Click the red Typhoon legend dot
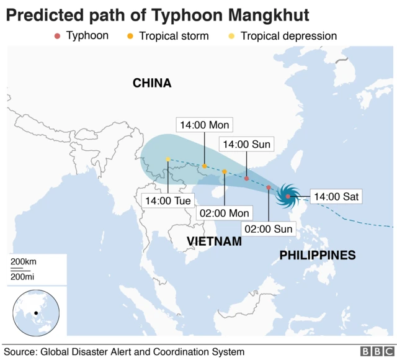[57, 36]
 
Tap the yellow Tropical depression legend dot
[231, 36]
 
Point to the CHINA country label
[152, 83]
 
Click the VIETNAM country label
[214, 241]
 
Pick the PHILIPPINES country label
[318, 254]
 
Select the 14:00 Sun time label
[246, 145]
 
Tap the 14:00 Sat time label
[336, 197]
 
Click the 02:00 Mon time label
[224, 213]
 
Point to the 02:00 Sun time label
[269, 228]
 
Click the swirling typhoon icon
[289, 196]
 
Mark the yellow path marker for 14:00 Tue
[168, 160]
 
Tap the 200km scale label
[24, 261]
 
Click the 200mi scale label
[23, 275]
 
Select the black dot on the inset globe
[36, 313]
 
